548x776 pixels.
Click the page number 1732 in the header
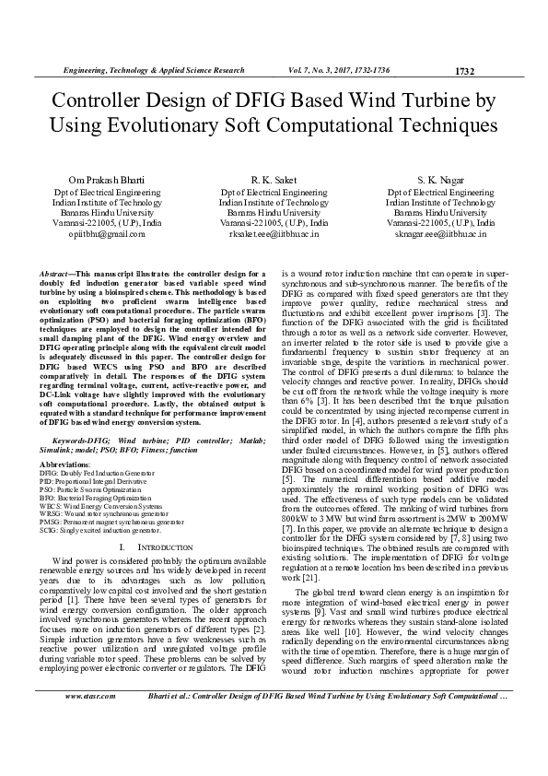coord(466,71)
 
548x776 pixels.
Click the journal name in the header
coord(153,70)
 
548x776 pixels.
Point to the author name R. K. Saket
coord(274,179)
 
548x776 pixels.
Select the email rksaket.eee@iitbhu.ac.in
coord(274,234)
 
